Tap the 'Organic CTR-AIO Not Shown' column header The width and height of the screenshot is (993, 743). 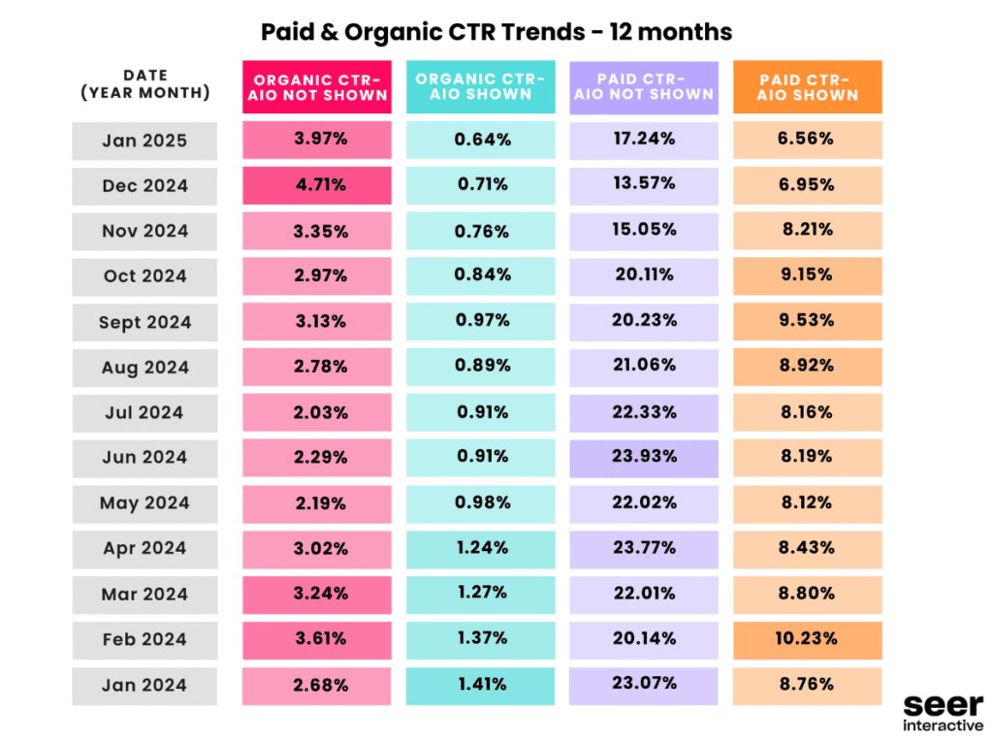click(317, 87)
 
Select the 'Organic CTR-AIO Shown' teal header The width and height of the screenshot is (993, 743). click(481, 87)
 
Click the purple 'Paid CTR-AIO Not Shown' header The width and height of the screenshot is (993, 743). click(644, 87)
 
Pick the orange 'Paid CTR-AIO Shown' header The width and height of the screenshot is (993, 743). click(807, 87)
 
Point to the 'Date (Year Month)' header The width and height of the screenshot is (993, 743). click(145, 84)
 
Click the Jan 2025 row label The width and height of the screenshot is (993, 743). click(144, 141)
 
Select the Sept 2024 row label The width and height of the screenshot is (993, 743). click(144, 322)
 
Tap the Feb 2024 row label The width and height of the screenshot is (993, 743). click(144, 640)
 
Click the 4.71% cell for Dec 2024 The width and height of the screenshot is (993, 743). click(317, 185)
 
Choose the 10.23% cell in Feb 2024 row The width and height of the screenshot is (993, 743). click(807, 639)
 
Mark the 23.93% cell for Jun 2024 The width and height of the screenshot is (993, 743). click(644, 457)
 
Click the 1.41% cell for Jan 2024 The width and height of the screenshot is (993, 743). click(481, 685)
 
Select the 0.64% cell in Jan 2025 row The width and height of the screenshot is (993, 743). click(481, 140)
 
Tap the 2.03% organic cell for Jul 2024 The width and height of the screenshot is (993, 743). click(317, 412)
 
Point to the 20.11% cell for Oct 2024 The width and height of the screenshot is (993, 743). click(644, 275)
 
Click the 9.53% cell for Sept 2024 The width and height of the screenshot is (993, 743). click(807, 321)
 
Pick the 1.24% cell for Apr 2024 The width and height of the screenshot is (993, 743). click(481, 548)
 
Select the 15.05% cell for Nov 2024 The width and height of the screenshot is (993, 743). click(644, 231)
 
